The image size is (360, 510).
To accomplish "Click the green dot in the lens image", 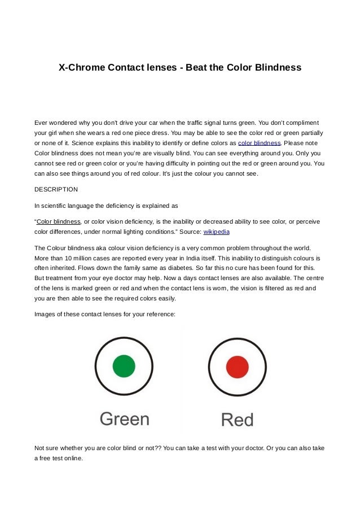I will coord(124,366).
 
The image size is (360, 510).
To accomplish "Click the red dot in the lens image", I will coord(237,368).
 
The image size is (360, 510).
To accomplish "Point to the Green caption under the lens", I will coord(125,419).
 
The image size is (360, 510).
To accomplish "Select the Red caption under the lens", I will coord(237,420).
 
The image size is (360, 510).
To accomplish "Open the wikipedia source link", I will coord(216,232).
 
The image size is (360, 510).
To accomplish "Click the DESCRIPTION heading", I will coord(56,189).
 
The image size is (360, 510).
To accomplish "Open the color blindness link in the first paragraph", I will coord(260,143).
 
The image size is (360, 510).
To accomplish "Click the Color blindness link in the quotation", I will coord(59,221).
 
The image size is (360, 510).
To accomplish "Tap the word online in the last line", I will coord(72,458).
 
